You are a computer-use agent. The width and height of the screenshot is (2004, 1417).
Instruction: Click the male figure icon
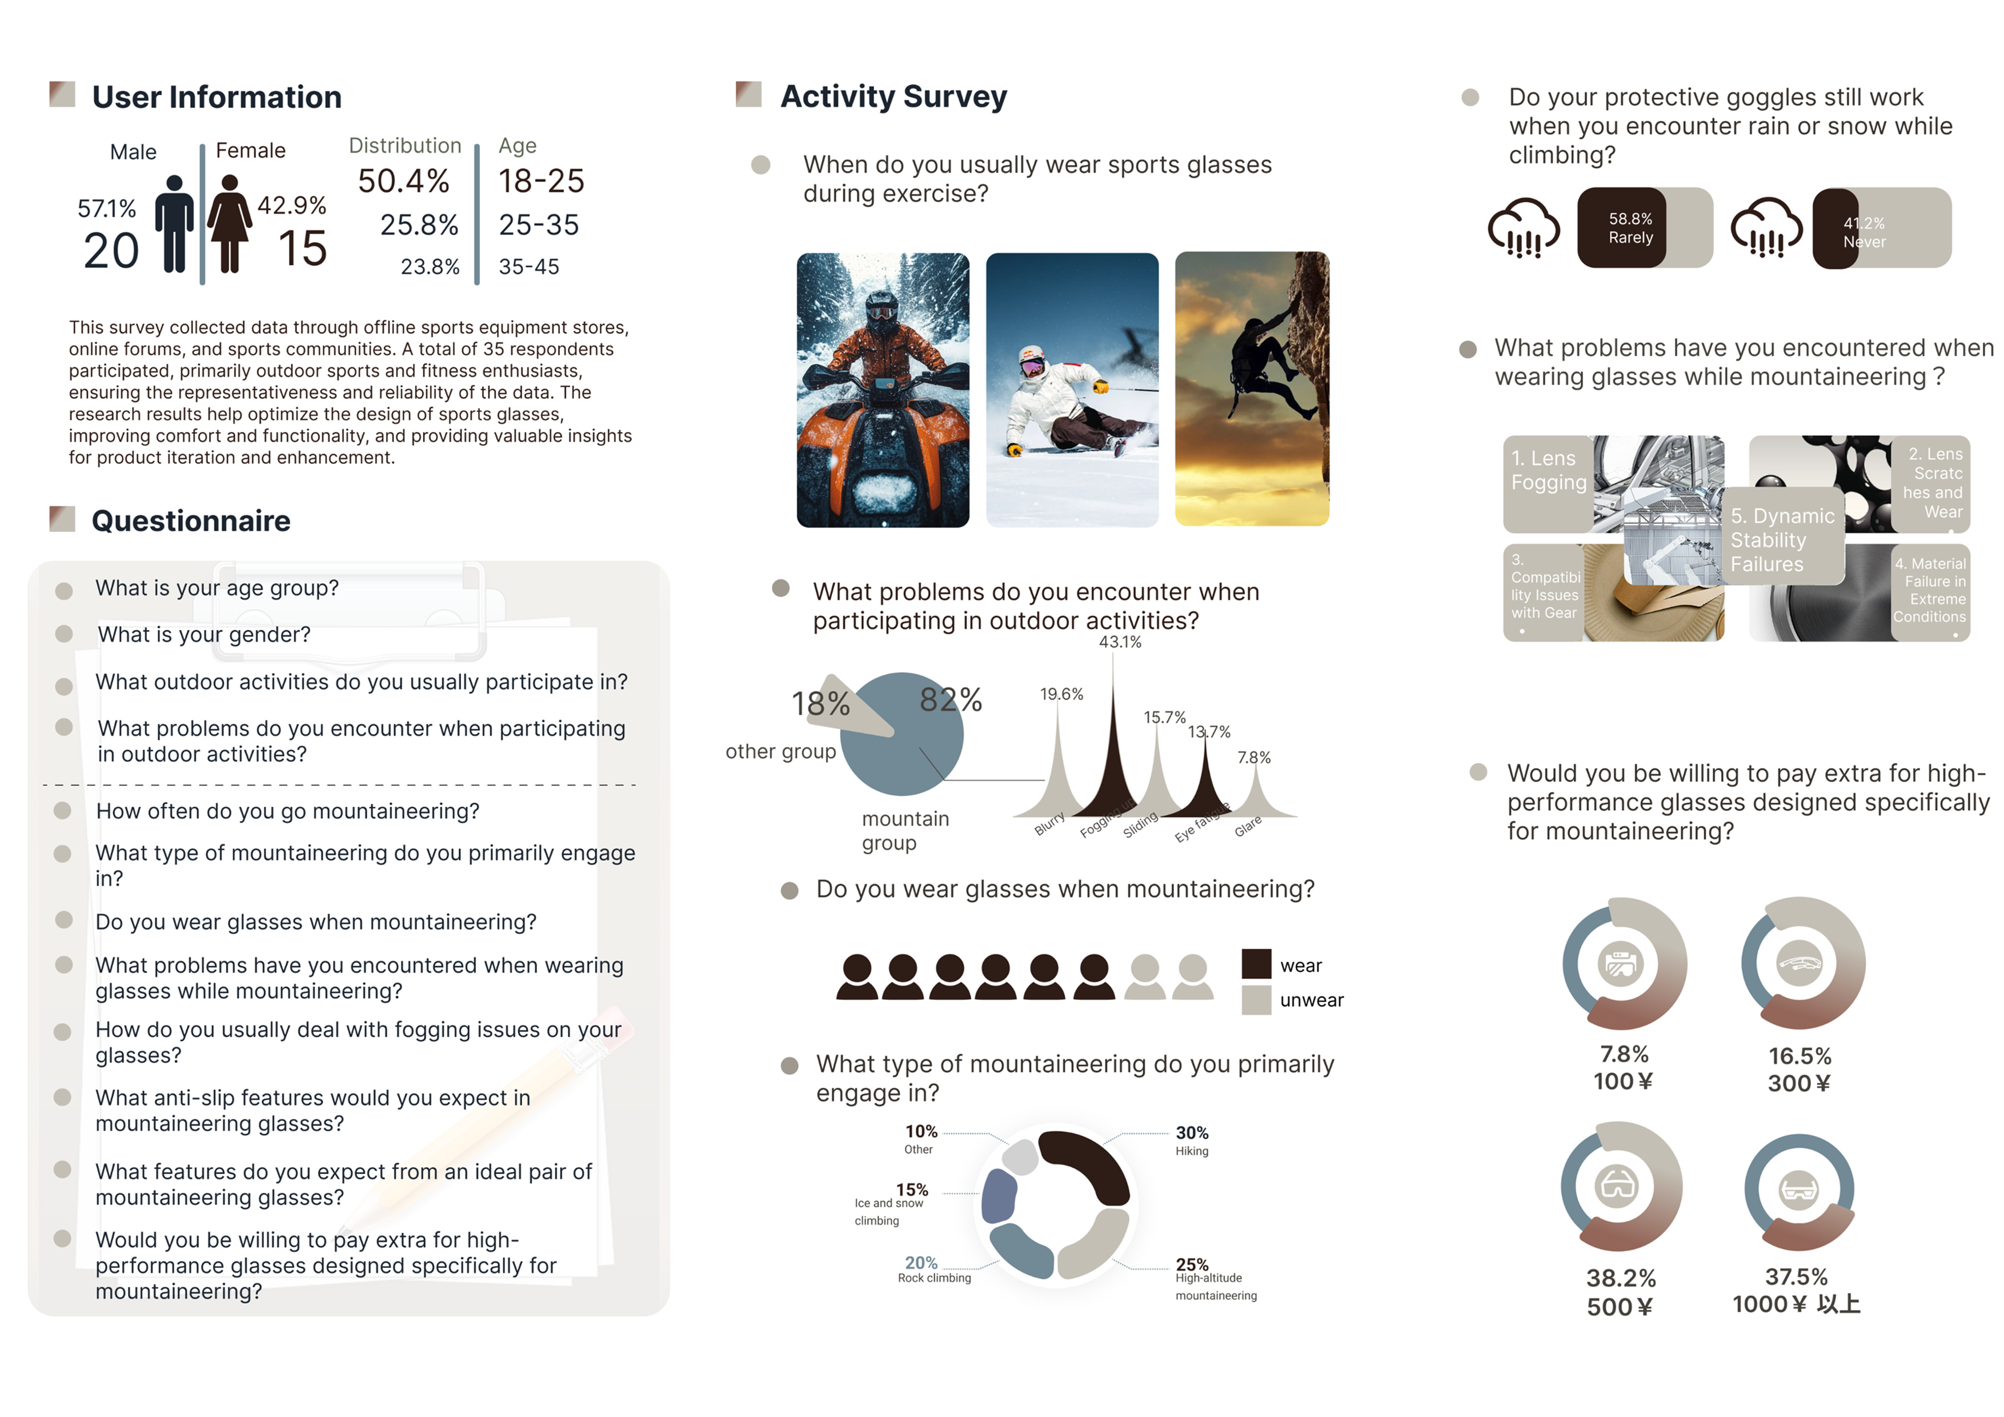(x=175, y=223)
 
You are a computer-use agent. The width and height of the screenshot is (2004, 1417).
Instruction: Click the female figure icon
(x=230, y=223)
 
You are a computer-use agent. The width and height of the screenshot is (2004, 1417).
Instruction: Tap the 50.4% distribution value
(x=403, y=182)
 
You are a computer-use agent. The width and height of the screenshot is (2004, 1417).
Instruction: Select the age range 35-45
(x=529, y=267)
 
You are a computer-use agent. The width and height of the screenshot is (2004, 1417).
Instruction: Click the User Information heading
(x=217, y=97)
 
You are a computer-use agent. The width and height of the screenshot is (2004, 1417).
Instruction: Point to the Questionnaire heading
(x=191, y=521)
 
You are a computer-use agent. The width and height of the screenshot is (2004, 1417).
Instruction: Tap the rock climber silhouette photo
(x=1252, y=390)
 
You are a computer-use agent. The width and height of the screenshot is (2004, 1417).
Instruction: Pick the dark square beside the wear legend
(x=1256, y=964)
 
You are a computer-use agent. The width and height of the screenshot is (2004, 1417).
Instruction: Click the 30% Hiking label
(x=1192, y=1140)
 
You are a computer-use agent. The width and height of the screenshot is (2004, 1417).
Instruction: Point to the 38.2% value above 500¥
(x=1621, y=1278)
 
